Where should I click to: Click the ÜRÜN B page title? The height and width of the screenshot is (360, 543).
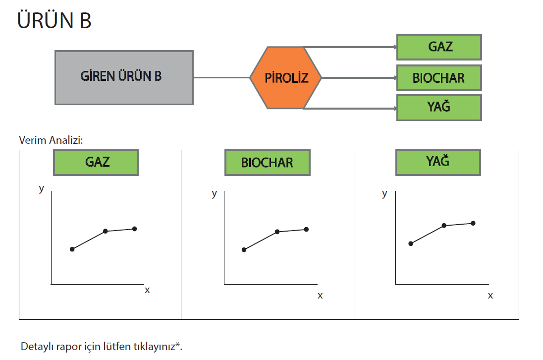tap(54, 21)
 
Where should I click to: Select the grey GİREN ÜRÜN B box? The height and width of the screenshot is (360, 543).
tap(124, 77)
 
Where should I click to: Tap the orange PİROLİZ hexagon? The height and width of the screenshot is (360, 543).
tap(286, 78)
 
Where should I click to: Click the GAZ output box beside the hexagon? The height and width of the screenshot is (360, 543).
tap(439, 47)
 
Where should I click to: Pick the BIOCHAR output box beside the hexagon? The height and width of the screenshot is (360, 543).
tap(439, 78)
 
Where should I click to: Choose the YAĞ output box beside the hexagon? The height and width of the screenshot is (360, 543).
tap(439, 108)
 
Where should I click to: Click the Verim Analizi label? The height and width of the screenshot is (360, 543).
tap(51, 140)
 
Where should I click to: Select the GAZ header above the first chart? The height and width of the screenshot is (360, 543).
tap(96, 162)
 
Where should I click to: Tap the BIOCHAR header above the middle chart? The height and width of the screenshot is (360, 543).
tap(268, 163)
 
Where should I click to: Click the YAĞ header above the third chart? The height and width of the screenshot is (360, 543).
tap(438, 162)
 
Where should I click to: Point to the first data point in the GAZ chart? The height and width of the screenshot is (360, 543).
tap(72, 249)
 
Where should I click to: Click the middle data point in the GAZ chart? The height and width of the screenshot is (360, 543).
tap(106, 231)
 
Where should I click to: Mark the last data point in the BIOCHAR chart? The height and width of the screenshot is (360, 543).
tap(306, 229)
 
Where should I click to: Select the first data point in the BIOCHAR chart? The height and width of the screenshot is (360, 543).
tap(244, 249)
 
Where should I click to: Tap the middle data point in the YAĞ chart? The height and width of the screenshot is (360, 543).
tap(444, 225)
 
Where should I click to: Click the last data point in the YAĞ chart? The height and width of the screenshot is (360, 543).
tap(473, 223)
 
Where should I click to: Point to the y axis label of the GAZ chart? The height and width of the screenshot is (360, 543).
tap(42, 188)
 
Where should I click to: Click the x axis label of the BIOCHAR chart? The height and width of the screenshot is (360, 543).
tap(320, 296)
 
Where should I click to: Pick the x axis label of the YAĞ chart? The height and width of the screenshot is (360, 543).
tap(490, 296)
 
